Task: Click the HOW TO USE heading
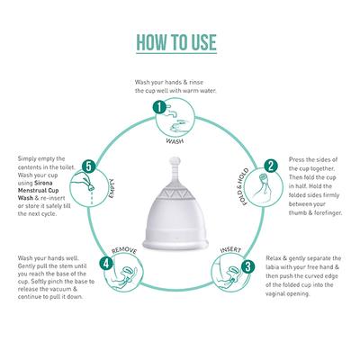tap(180, 41)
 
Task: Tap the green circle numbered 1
tap(160, 106)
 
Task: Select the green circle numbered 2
tap(270, 167)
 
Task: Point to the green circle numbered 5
tap(88, 166)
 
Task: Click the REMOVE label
tap(125, 246)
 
